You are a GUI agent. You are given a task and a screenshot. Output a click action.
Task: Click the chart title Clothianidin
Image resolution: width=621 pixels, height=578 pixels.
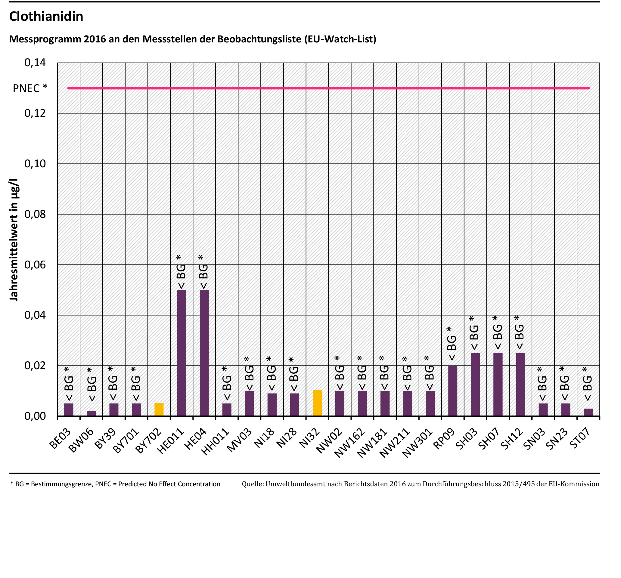[46, 17]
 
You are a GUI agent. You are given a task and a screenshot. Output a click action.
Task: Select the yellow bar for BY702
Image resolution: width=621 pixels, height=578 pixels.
[159, 410]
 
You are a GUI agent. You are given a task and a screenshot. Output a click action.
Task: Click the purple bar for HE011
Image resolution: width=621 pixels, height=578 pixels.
[182, 353]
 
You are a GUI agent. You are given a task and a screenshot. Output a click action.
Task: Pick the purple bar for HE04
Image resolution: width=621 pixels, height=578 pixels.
[204, 353]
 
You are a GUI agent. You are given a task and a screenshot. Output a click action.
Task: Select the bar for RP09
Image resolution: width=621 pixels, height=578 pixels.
[453, 391]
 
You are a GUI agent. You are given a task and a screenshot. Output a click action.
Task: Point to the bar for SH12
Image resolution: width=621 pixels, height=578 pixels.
[520, 385]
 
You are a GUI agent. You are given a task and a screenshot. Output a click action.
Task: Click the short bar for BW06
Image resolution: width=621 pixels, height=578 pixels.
[91, 413]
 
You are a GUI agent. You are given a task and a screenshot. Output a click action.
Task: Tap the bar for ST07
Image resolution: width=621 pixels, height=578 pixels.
[588, 412]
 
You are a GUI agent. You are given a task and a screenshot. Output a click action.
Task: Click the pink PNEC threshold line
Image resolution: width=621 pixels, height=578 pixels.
[328, 88]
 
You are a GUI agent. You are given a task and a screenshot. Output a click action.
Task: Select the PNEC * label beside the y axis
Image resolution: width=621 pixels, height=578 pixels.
[30, 88]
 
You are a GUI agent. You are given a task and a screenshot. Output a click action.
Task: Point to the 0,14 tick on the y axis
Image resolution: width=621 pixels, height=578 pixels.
[35, 63]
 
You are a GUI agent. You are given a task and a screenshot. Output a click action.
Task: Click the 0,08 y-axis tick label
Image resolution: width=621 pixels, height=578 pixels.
[35, 214]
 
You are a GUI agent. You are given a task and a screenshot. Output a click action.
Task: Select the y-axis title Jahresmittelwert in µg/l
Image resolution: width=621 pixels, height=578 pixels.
[14, 240]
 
